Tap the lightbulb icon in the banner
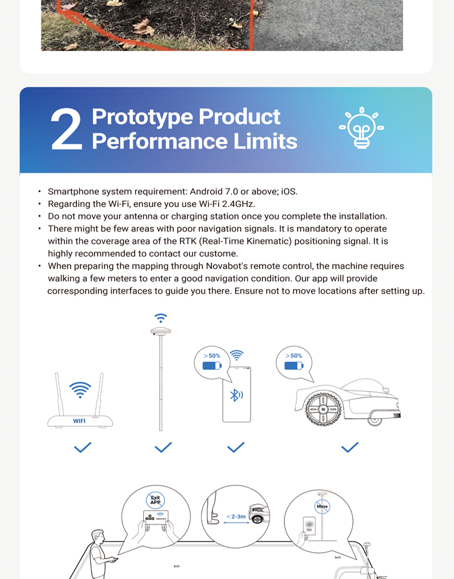tap(361, 128)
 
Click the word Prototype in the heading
tap(143, 117)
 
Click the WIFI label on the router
tap(79, 421)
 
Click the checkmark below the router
tap(83, 447)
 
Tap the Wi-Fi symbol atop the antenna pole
tap(161, 318)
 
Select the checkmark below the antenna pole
tap(163, 447)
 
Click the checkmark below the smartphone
tap(236, 447)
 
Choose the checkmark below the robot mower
tap(349, 447)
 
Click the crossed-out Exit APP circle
tap(155, 500)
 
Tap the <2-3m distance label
tap(236, 516)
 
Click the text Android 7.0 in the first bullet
tap(214, 191)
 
